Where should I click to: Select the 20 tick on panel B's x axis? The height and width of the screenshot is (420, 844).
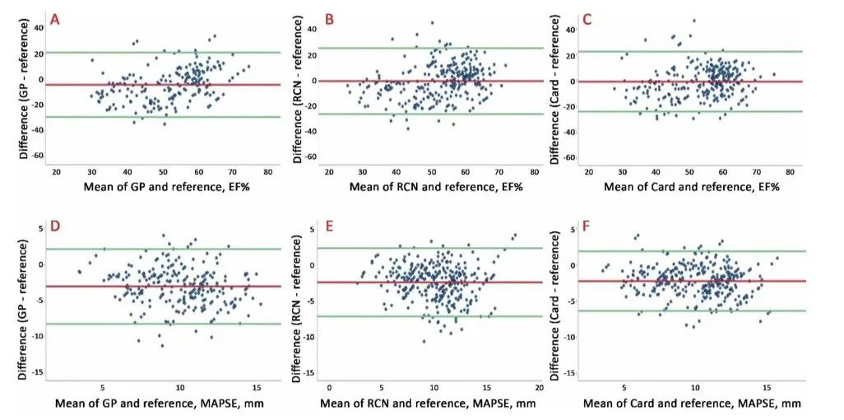point(330,171)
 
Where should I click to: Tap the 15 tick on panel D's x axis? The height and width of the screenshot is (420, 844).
point(257,386)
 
